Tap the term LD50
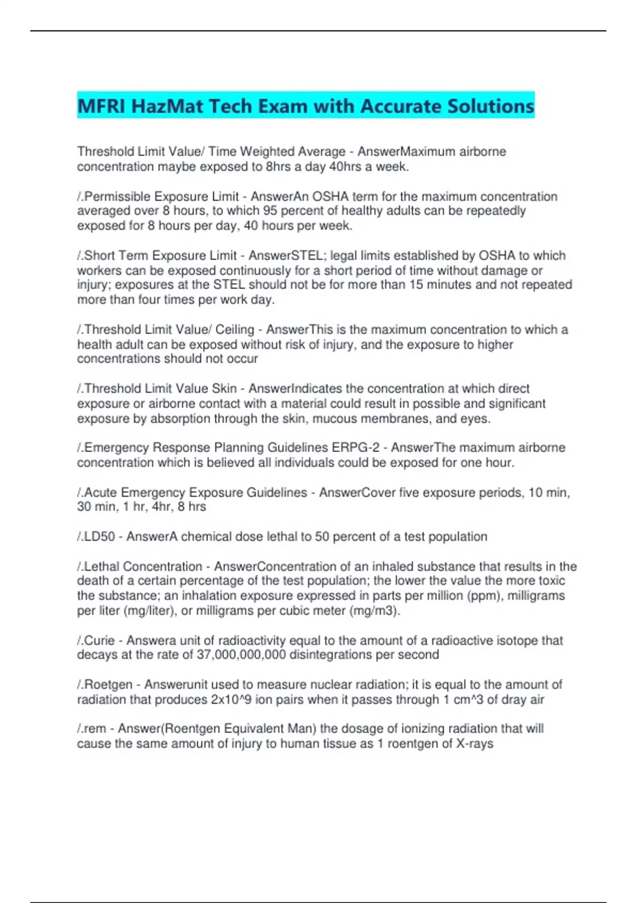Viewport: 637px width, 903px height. [x=100, y=536]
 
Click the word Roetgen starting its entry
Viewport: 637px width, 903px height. [x=108, y=685]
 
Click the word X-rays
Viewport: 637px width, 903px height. [x=475, y=744]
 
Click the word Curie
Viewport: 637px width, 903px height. [x=99, y=641]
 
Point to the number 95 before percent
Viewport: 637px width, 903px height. [x=270, y=211]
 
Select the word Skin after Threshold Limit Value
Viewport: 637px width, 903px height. [x=225, y=389]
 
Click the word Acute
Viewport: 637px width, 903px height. [x=100, y=493]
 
